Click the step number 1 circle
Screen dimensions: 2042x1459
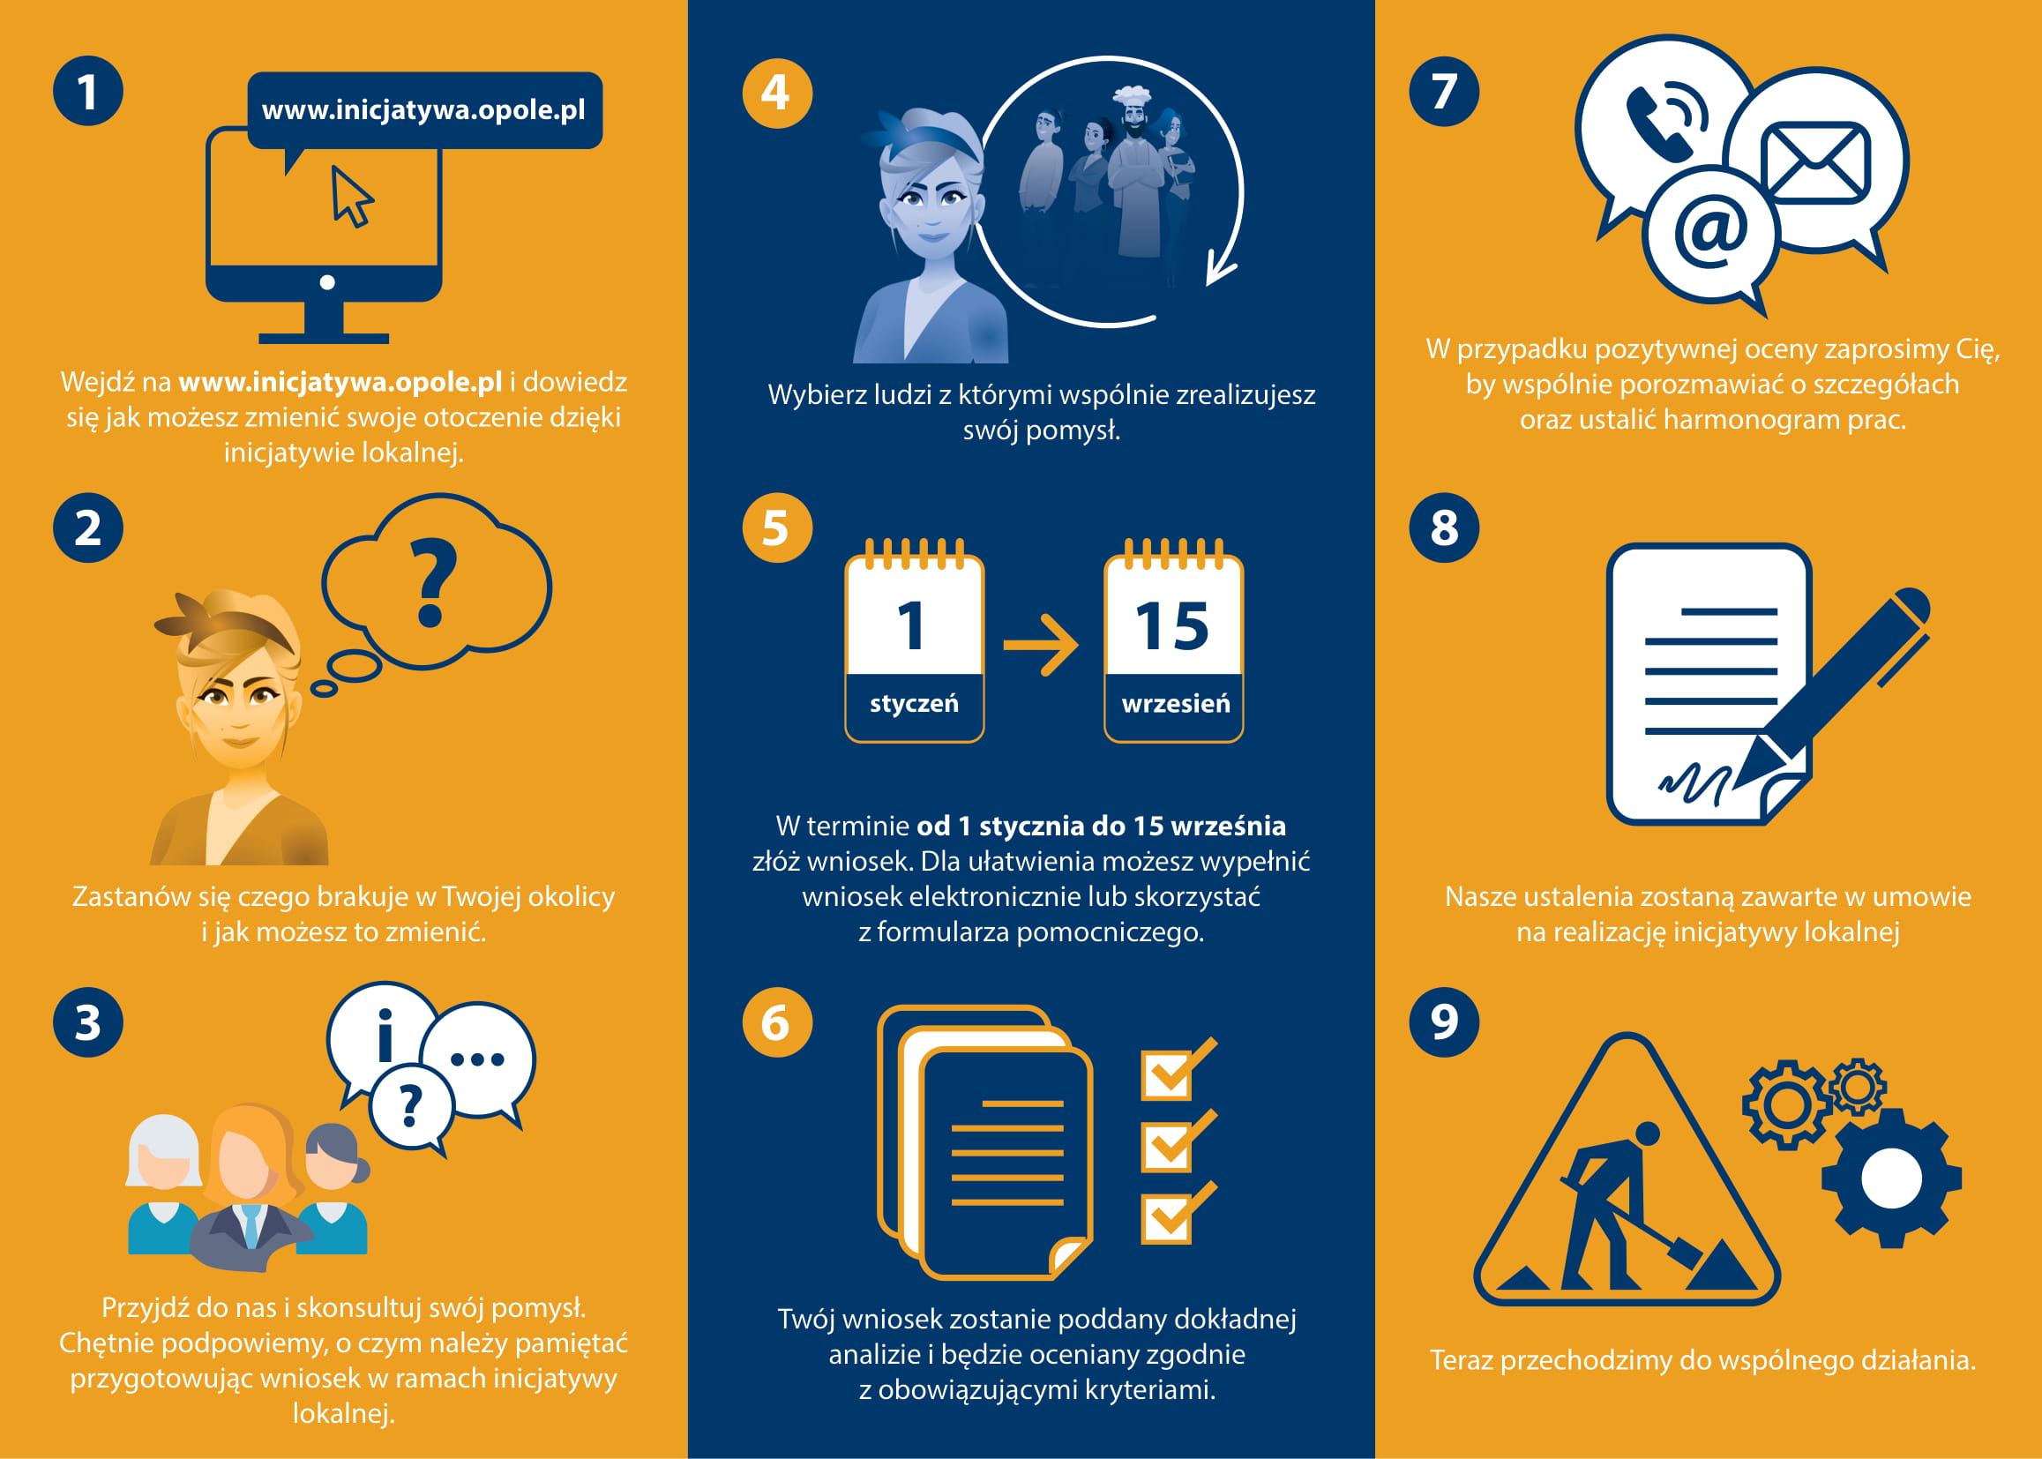(x=88, y=92)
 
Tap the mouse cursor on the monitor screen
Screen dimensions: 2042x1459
(x=352, y=196)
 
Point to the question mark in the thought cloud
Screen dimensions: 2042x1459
(x=432, y=582)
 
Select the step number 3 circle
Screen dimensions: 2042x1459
(x=88, y=1022)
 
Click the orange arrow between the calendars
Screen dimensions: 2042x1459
(x=1041, y=644)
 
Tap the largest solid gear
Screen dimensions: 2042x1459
(x=1891, y=1178)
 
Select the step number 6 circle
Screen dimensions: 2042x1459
(x=777, y=1022)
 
